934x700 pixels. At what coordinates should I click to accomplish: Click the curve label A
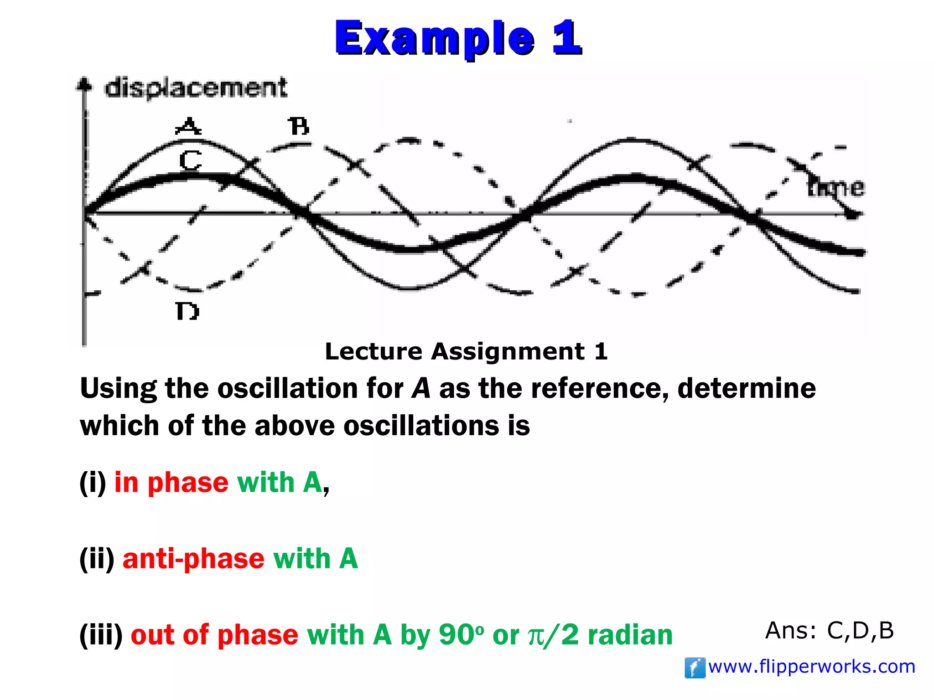click(188, 126)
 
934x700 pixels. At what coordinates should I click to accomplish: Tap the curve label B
click(299, 126)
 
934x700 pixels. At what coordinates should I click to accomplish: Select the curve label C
click(190, 160)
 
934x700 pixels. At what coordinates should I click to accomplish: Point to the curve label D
click(187, 312)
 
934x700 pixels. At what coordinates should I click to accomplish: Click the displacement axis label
click(196, 88)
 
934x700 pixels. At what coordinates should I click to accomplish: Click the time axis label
click(835, 188)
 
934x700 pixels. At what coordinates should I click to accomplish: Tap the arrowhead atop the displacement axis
click(84, 84)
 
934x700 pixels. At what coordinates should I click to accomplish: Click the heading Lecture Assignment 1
click(466, 351)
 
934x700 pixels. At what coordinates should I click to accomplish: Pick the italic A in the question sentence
click(420, 388)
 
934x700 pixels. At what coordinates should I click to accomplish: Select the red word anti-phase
click(193, 559)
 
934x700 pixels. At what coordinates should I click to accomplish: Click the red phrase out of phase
click(214, 635)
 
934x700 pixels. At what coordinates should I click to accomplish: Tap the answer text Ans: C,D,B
click(829, 631)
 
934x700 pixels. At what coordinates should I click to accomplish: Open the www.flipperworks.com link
click(812, 667)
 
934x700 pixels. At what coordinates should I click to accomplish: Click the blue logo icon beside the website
click(695, 668)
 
